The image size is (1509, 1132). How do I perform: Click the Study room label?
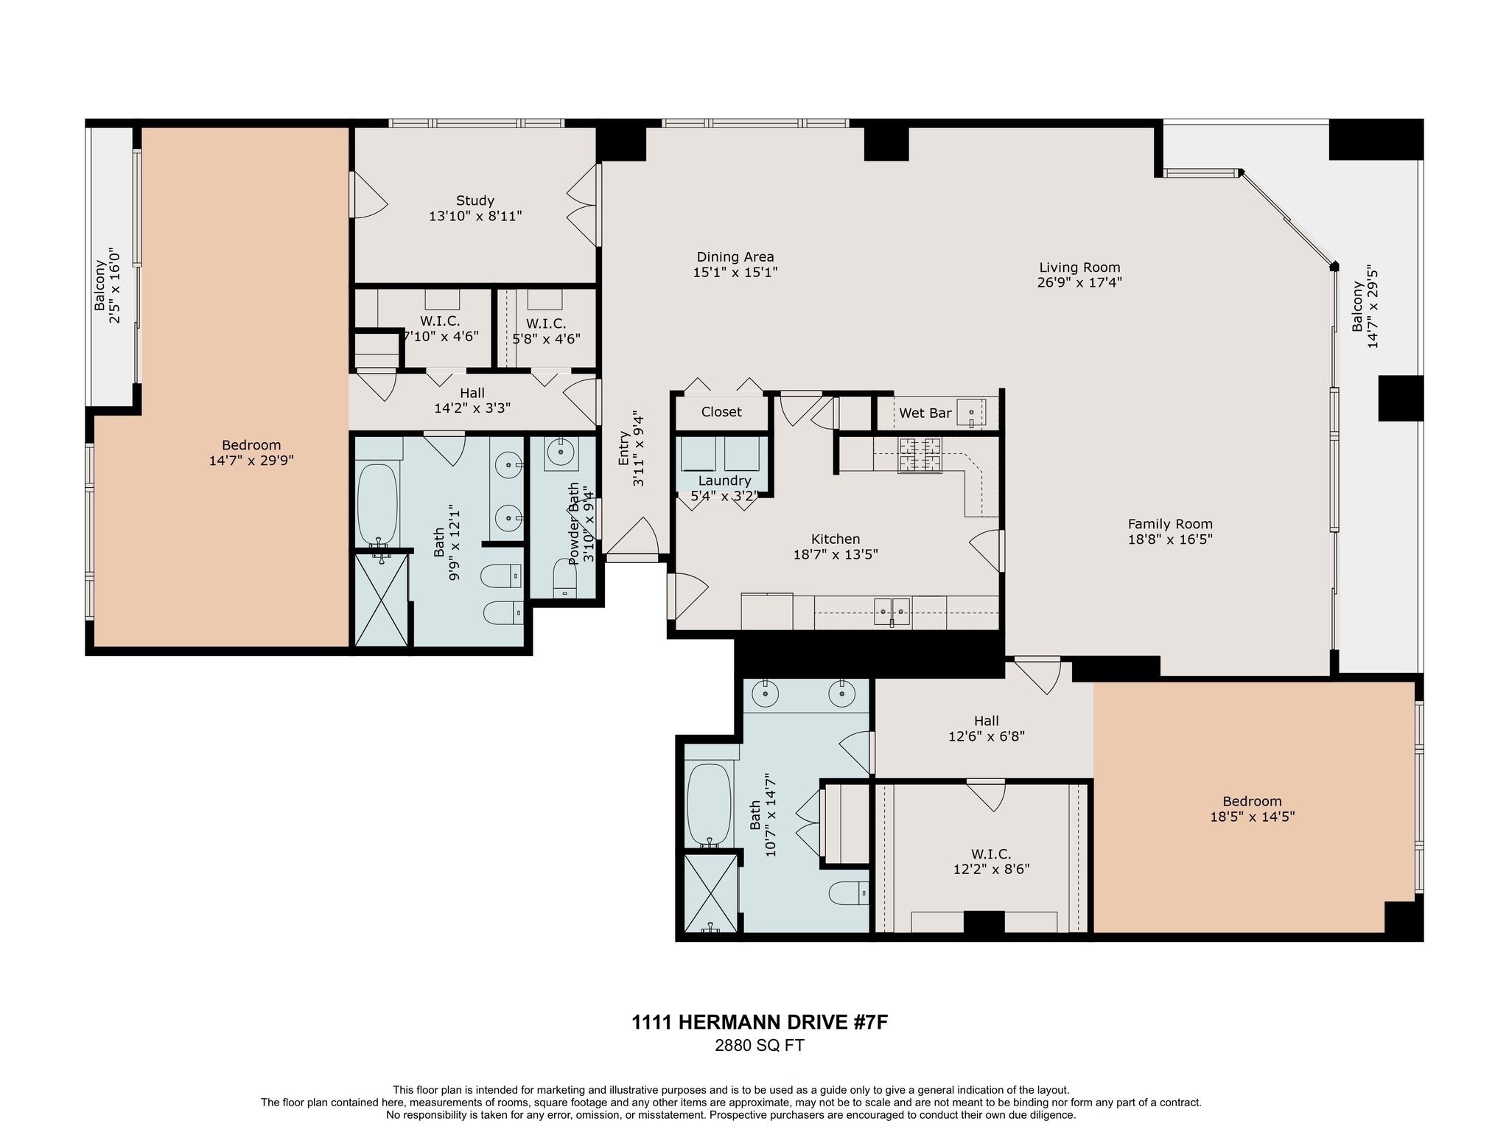(x=475, y=200)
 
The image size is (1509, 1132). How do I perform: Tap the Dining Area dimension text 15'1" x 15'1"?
(x=735, y=272)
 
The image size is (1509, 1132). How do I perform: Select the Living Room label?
(x=1079, y=268)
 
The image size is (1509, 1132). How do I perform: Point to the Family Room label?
(x=1169, y=524)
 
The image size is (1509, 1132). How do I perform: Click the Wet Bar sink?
(x=971, y=413)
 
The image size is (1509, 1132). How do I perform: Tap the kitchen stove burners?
(x=920, y=455)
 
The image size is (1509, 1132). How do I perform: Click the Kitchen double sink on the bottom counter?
(x=892, y=612)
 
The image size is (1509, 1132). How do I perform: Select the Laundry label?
(x=724, y=481)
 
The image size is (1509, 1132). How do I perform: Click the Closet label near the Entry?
(x=721, y=412)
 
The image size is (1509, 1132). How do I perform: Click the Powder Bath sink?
(x=561, y=452)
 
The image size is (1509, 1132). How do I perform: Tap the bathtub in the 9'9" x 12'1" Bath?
(x=377, y=504)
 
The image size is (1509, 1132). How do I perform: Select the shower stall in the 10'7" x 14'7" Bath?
(x=710, y=895)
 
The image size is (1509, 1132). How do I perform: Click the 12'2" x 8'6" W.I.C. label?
(x=990, y=854)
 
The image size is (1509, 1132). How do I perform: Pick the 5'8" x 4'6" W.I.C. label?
(x=546, y=324)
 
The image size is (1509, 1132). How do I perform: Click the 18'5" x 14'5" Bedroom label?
(x=1251, y=801)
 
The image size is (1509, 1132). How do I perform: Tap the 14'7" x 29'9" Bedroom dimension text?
(x=251, y=461)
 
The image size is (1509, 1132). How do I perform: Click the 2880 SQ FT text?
(x=759, y=1045)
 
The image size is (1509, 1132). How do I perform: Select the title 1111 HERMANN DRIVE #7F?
(x=759, y=1022)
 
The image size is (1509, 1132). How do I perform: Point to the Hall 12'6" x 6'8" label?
(x=986, y=721)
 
